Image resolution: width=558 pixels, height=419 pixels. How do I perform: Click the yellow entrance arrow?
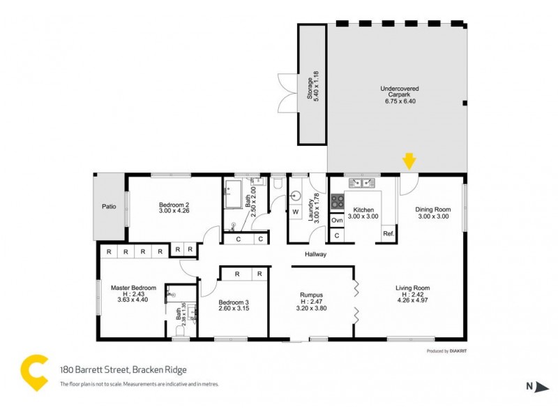409,161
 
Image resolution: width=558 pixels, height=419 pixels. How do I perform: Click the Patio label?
109,207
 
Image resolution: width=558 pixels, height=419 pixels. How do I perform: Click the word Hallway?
315,254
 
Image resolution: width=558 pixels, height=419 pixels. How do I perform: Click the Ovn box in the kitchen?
337,220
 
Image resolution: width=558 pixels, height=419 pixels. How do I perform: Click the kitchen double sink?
363,183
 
